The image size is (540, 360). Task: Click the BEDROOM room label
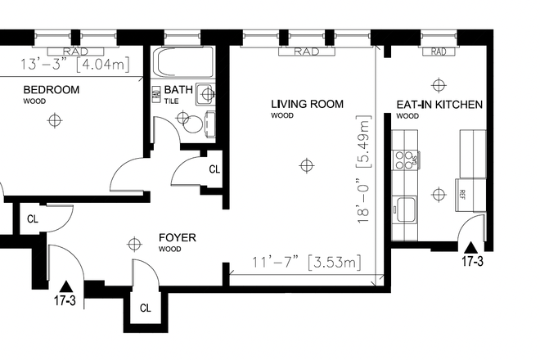(x=51, y=90)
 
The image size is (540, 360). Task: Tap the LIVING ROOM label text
(x=307, y=104)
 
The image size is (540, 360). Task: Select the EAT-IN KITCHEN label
(x=439, y=105)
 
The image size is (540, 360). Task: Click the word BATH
(x=179, y=90)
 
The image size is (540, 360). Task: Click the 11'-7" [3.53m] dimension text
(x=306, y=263)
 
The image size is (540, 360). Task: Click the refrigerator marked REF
(x=462, y=195)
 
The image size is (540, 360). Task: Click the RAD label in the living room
(x=305, y=52)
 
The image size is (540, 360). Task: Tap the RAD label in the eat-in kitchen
(x=439, y=52)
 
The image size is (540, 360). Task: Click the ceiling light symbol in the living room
(x=306, y=166)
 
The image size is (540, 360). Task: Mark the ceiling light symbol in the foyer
(x=134, y=243)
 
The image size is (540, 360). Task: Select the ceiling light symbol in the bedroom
(x=55, y=120)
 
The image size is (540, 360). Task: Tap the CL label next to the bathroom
(x=214, y=169)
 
